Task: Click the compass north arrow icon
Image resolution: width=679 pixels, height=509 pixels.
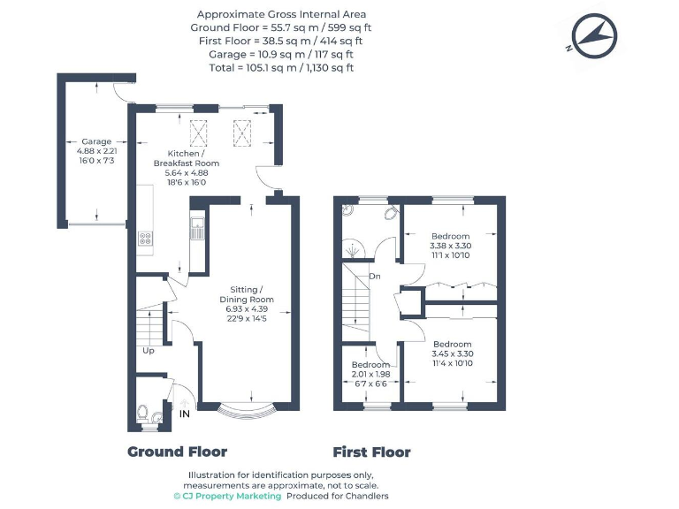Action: coord(592,35)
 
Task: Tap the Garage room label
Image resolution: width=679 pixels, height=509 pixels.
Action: coord(96,141)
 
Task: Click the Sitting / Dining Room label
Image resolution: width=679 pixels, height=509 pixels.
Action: coord(247,294)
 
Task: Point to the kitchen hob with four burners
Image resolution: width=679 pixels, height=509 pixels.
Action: coord(145,237)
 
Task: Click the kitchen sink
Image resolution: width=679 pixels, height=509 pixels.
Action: coord(196,232)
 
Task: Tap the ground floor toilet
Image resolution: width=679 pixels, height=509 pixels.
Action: coord(145,412)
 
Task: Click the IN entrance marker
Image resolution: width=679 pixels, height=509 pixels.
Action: coord(185,414)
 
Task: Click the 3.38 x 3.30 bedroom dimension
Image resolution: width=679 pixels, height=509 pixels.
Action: coord(450,246)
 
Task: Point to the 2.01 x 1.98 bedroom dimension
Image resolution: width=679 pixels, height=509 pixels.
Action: coord(370,375)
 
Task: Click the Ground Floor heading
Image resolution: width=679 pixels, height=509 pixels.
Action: coord(177,452)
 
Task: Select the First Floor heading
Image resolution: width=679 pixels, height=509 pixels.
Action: coord(371,452)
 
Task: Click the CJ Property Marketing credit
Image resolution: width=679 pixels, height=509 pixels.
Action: coord(227,497)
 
